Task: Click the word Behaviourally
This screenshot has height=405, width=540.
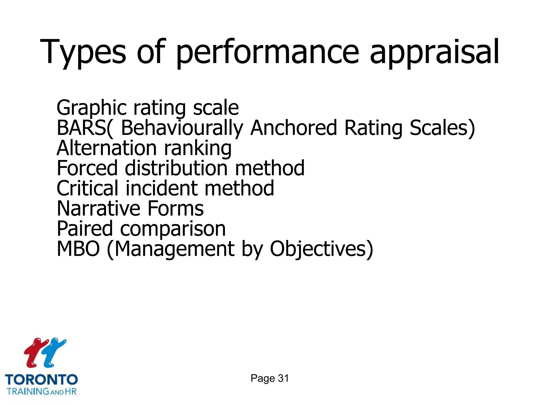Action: click(x=182, y=128)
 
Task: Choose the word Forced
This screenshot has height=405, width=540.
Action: click(x=87, y=168)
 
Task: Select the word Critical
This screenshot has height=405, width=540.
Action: click(x=87, y=188)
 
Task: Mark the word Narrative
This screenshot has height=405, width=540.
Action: click(x=98, y=209)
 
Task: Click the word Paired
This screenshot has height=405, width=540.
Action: click(x=85, y=229)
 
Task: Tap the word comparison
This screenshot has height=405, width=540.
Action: click(x=173, y=229)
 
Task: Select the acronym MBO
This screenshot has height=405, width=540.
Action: click(x=78, y=249)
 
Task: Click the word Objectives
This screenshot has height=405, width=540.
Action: click(x=319, y=249)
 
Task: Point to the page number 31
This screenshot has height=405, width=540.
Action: click(x=283, y=378)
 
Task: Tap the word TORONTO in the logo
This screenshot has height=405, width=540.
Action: click(x=41, y=380)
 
